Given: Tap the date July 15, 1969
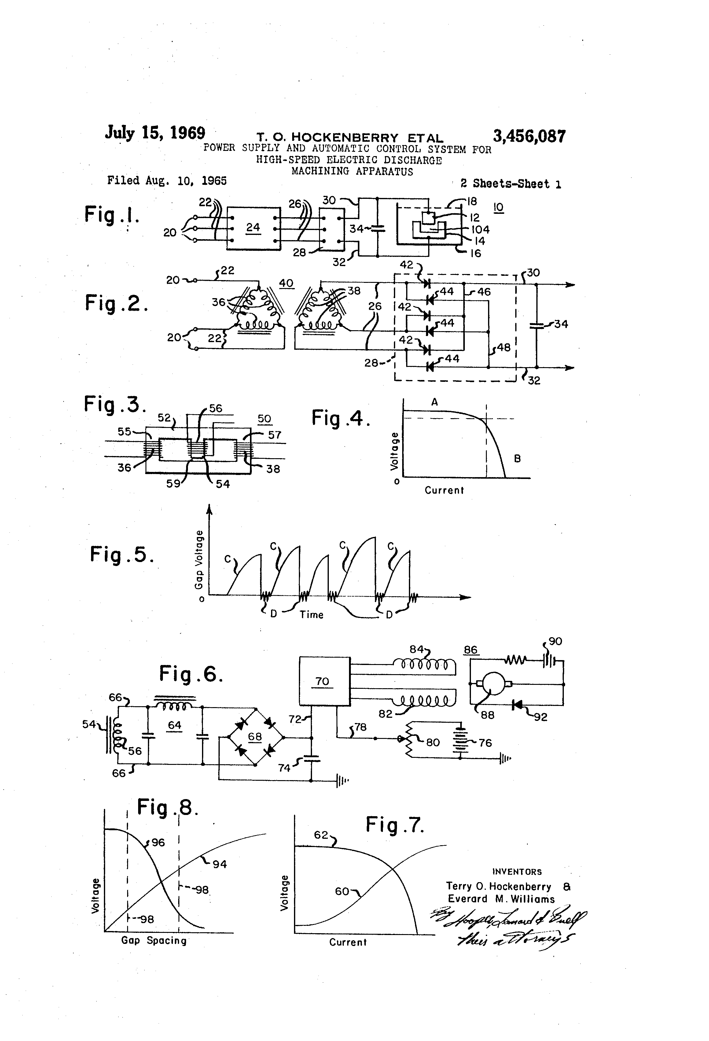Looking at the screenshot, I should tap(155, 133).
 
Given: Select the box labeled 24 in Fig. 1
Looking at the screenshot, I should tap(253, 228).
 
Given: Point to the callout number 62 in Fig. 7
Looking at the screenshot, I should tap(321, 835).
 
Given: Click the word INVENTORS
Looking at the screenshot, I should tap(517, 872).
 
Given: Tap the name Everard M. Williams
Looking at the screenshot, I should tap(501, 899).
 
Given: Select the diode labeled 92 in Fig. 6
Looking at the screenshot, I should tap(518, 705).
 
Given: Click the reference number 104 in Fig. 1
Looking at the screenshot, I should tap(480, 230).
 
